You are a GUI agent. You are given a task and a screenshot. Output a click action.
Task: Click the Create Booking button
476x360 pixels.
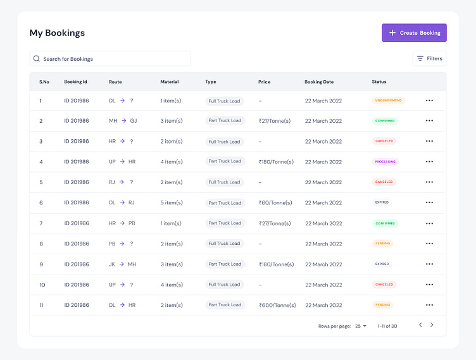414,33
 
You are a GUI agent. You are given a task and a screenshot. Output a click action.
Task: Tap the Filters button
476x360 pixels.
429,58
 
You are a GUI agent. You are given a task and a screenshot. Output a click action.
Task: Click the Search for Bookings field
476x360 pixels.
110,59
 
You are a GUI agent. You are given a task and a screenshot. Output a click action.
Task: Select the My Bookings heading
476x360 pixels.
57,33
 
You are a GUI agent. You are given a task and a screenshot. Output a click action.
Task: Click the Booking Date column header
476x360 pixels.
319,82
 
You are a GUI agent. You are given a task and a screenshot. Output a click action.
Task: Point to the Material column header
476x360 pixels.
170,82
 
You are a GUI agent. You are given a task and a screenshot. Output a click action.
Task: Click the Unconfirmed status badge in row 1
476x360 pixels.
388,100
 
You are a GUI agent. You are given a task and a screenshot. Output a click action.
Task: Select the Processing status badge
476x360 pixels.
385,161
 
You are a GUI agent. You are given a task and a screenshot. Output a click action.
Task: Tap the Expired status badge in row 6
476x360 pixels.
382,202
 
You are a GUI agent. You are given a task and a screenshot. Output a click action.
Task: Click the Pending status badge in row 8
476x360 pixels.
383,244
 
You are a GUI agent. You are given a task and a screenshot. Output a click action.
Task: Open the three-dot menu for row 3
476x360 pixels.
429,141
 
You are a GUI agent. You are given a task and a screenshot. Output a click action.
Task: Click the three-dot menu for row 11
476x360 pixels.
429,305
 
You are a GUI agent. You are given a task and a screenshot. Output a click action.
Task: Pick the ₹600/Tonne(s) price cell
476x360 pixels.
277,305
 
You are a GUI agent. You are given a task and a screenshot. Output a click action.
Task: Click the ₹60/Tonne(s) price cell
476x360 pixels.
275,202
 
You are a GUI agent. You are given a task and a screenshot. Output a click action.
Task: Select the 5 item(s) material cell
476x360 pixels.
172,202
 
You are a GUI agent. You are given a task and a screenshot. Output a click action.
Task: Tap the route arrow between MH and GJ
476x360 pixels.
123,121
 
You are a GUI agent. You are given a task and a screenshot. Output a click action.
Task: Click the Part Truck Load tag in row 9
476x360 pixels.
225,264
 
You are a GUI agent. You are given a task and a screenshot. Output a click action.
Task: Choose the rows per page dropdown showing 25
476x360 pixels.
361,326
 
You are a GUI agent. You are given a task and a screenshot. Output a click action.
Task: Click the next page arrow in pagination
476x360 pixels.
432,325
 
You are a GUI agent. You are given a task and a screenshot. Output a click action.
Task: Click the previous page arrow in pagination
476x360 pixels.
420,325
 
